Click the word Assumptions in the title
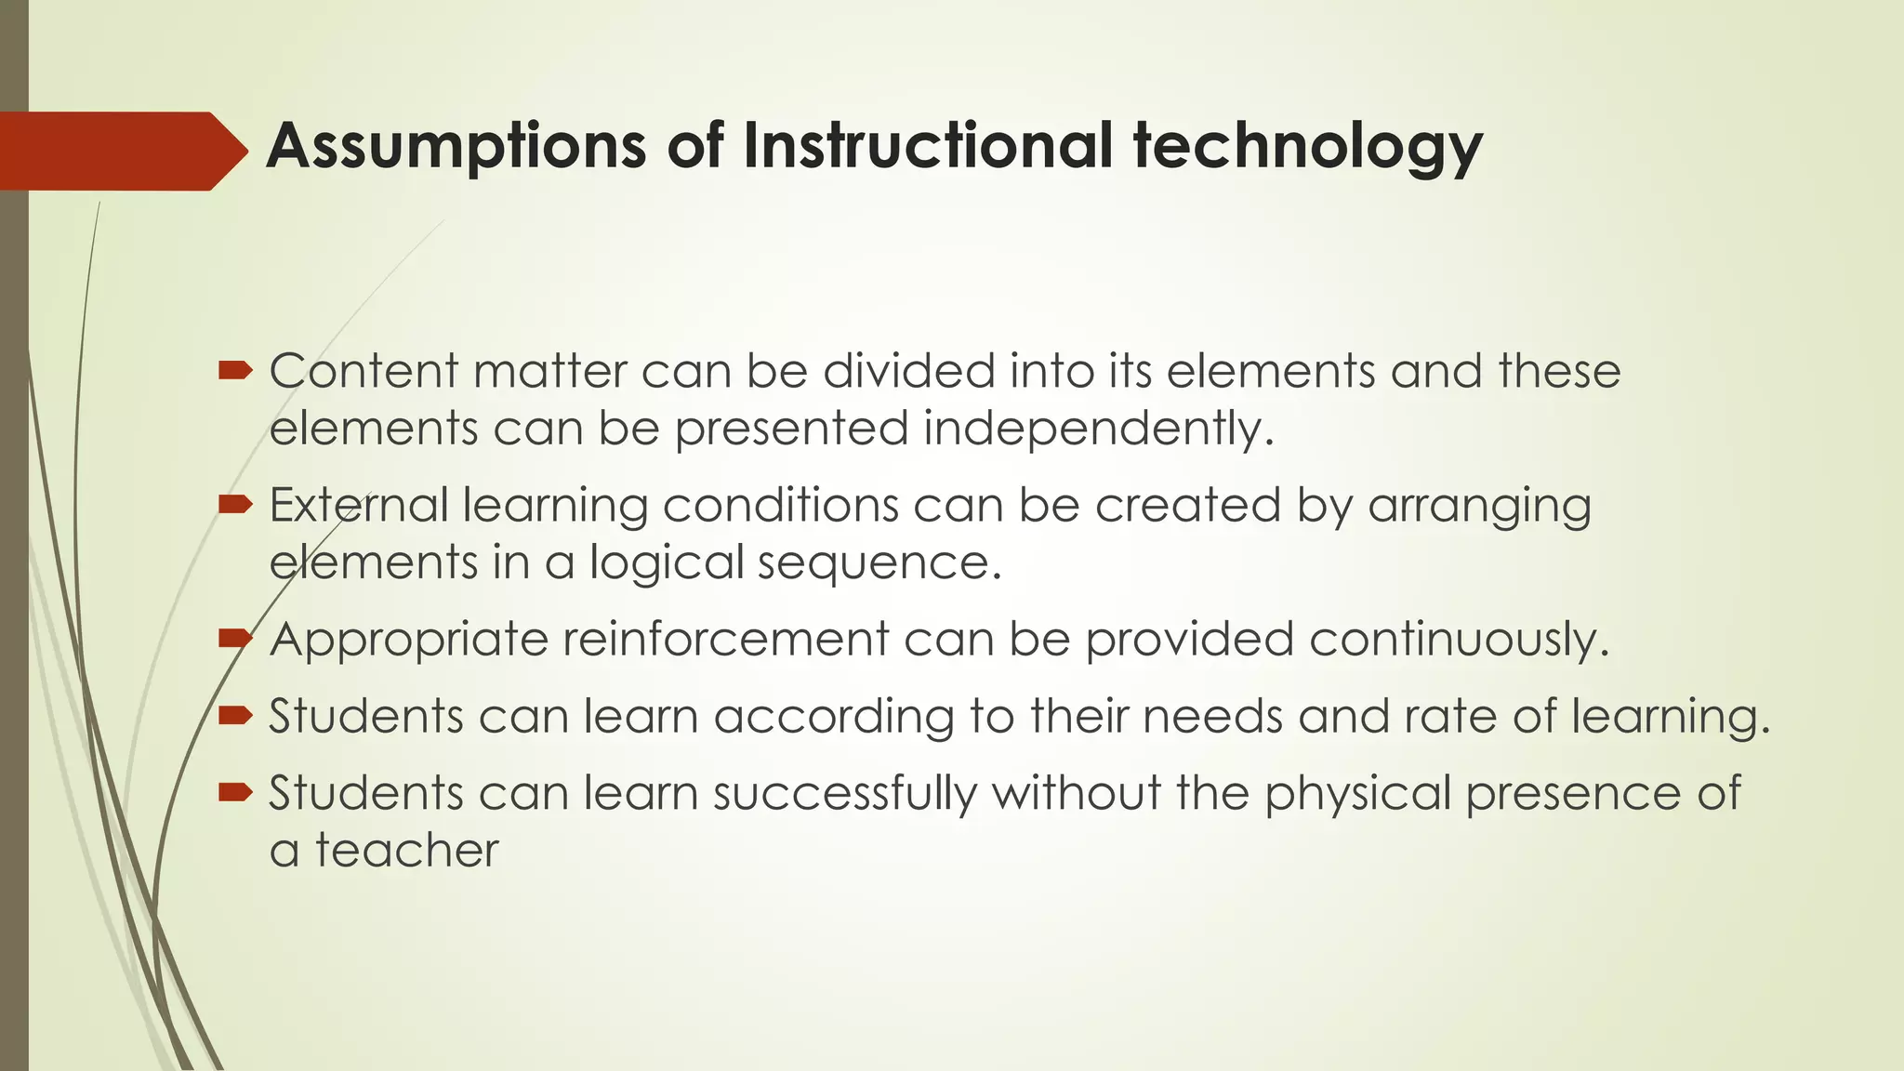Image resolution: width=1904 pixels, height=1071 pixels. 456,147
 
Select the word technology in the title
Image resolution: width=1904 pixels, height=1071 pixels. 1307,147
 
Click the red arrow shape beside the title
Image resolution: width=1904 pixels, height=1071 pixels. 121,151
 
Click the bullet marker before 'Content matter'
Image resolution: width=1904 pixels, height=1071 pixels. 235,372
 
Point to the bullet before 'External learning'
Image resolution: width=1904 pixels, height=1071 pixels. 235,505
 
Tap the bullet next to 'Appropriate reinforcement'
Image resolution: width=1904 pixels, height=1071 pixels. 235,639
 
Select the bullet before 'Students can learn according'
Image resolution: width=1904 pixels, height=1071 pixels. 235,716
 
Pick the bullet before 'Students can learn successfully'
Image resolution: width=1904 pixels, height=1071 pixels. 235,792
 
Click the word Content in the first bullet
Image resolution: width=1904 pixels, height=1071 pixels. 364,371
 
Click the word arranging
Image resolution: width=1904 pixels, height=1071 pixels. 1479,507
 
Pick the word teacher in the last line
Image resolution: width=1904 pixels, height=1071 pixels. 406,851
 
